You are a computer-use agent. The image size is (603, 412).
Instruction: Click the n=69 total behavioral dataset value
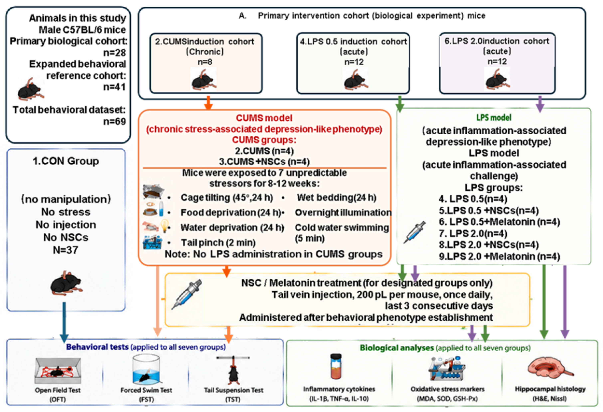114,121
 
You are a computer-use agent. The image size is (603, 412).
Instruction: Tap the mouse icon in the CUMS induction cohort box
204,79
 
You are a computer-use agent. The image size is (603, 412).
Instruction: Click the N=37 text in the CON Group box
66,250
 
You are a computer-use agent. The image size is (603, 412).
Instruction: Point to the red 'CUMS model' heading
264,118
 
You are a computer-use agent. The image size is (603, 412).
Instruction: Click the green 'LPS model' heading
494,118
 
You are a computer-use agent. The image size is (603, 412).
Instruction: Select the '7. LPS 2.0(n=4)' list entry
473,233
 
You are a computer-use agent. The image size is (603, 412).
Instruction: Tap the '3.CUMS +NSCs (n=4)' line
264,162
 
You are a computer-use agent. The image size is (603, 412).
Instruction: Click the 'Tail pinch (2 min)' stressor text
218,243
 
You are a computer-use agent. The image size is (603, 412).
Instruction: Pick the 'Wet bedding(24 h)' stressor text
336,198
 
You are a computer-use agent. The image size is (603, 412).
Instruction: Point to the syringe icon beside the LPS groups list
414,232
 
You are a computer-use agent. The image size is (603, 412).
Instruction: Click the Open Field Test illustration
58,370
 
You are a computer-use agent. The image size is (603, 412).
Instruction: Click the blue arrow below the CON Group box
64,322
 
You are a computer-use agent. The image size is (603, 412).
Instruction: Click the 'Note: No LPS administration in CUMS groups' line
274,254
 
